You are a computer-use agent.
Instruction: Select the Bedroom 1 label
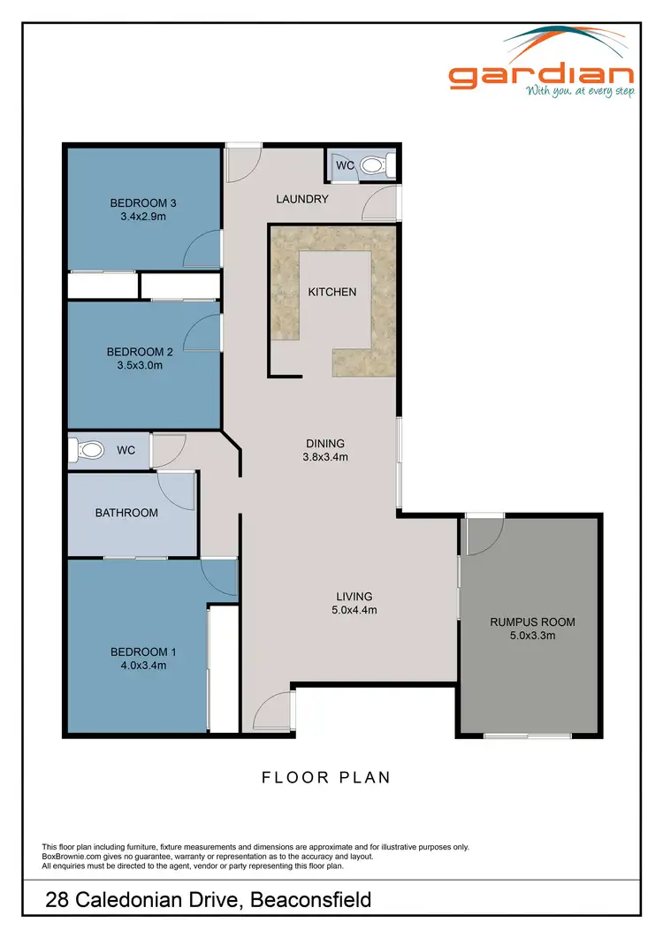[139, 652]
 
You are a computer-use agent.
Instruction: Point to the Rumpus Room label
[532, 622]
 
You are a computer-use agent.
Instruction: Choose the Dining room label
[325, 444]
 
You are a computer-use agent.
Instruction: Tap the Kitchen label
[331, 292]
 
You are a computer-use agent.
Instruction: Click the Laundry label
[302, 199]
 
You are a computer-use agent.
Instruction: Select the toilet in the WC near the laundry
[374, 164]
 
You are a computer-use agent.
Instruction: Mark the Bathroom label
[127, 513]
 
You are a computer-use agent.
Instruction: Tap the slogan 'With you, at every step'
[579, 91]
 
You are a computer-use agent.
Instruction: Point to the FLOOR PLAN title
[326, 778]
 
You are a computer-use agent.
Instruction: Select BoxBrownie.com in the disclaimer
[73, 856]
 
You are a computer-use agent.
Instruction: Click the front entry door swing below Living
[279, 708]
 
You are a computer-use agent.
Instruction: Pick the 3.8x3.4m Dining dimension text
[325, 457]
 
